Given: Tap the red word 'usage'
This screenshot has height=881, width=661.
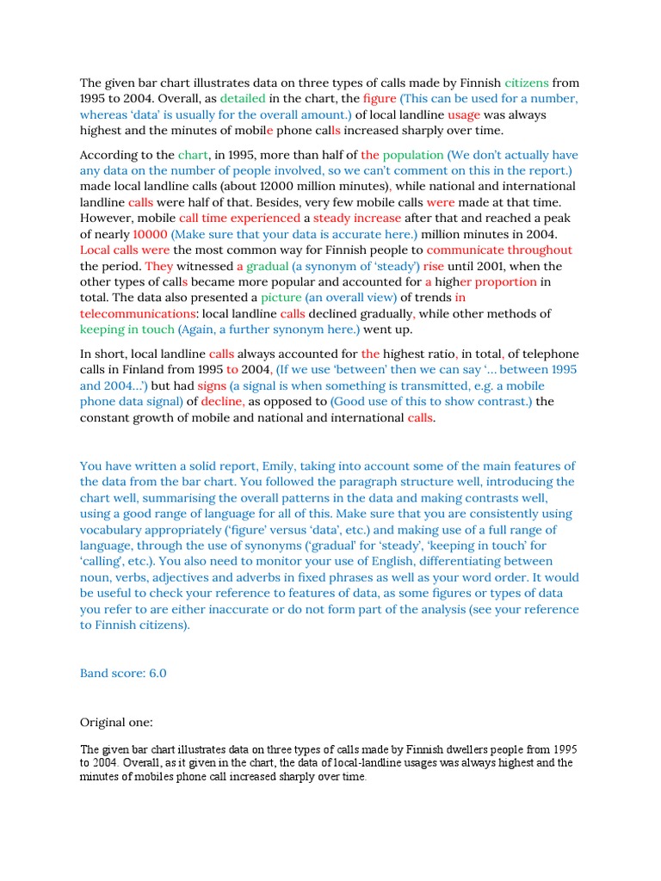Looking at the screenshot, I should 465,114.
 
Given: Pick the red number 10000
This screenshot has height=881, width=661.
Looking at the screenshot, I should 150,234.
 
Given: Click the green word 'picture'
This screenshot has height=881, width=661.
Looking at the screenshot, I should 281,298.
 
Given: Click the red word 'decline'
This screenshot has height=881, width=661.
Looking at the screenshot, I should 224,401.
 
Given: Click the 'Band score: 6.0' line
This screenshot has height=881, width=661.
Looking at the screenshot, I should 123,673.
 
